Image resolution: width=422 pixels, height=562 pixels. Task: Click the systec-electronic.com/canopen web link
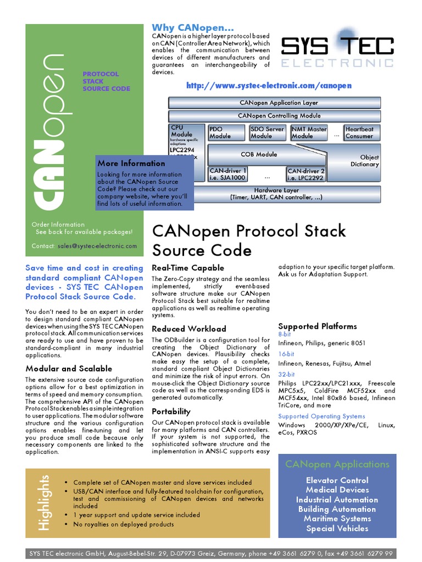pos(269,86)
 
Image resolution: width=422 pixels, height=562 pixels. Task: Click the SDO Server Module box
pos(267,133)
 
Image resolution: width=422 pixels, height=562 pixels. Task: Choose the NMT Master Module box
pos(309,133)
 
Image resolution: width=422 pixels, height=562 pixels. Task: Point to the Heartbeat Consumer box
pos(359,133)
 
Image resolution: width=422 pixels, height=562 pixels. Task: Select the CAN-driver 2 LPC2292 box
pos(306,174)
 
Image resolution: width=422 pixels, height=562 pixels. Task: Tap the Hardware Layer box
pos(276,194)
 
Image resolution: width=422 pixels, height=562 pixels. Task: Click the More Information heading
pos(131,163)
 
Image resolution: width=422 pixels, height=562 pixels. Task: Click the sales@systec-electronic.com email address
pos(97,246)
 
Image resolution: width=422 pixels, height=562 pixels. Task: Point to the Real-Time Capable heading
pos(188,268)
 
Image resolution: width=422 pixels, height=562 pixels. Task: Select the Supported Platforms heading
pos(317,326)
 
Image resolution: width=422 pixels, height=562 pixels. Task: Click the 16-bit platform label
pos(286,354)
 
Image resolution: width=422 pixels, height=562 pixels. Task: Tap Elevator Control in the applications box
pos(337,480)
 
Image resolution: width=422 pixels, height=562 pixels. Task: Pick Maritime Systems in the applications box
pos(337,519)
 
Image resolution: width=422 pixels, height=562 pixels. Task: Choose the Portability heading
pos(171,411)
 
